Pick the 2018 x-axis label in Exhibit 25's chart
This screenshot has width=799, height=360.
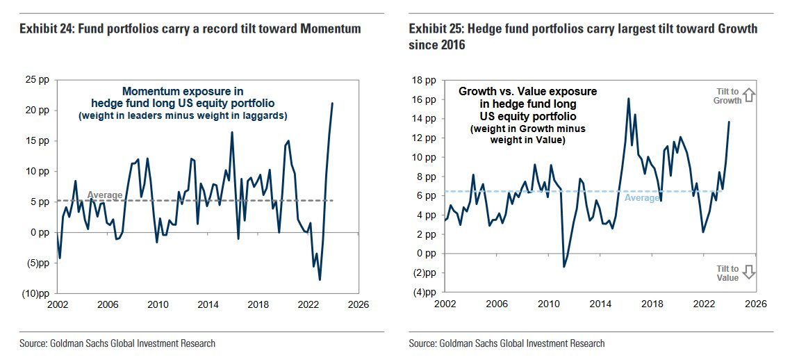pyautogui.click(x=651, y=304)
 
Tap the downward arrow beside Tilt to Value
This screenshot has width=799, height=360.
pyautogui.click(x=748, y=272)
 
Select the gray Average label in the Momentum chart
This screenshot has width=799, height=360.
pyautogui.click(x=105, y=195)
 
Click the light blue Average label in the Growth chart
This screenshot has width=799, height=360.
pyautogui.click(x=642, y=198)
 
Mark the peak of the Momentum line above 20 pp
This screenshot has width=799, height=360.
pyautogui.click(x=332, y=104)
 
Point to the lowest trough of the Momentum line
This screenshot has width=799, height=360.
pyautogui.click(x=320, y=279)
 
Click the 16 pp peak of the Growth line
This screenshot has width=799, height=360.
pyautogui.click(x=628, y=99)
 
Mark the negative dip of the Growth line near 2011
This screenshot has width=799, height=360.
pyautogui.click(x=563, y=266)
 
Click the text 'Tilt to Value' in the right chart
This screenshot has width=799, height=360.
pyautogui.click(x=727, y=273)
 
